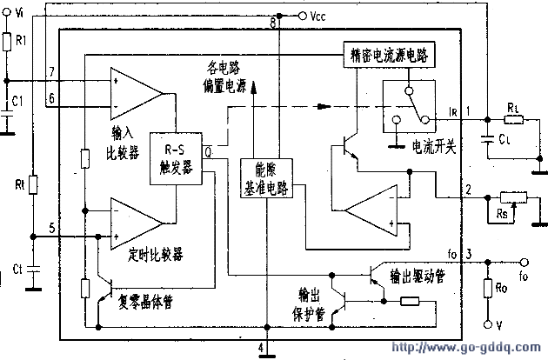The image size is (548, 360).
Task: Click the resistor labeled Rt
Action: point(33,185)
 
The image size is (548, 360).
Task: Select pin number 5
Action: point(51,228)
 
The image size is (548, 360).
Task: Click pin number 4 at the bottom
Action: point(262,349)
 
